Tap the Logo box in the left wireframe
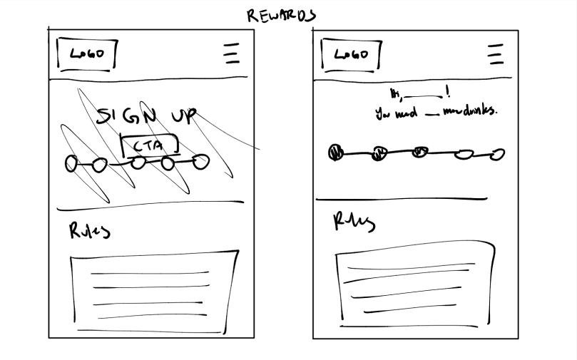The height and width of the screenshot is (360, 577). [x=86, y=53]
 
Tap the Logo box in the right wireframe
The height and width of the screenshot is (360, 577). [x=350, y=54]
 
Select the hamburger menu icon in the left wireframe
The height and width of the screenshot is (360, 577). [x=230, y=54]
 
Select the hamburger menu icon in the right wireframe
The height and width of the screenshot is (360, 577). [x=495, y=54]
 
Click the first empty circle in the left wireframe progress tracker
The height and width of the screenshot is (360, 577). [x=71, y=164]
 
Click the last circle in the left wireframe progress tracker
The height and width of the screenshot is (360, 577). [x=202, y=162]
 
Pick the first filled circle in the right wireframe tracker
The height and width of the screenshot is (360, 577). [x=336, y=152]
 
